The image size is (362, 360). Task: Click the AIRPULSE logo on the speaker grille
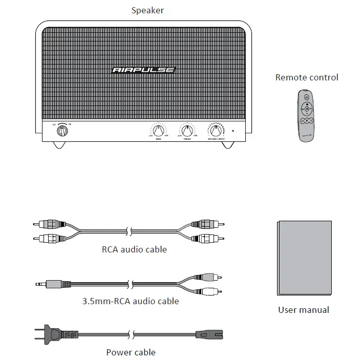point(143,70)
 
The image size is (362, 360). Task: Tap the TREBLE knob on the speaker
point(187,130)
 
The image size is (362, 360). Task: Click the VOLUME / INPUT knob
point(216,130)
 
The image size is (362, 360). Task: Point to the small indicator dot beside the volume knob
point(233,130)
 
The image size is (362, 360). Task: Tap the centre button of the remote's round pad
point(307,109)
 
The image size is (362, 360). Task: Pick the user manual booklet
point(304,257)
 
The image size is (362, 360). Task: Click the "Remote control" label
point(307,78)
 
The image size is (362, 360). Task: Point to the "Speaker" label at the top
point(148,10)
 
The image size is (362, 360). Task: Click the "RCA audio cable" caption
point(134,250)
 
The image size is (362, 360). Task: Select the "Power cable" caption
point(131,352)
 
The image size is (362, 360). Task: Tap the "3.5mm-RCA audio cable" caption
point(131,301)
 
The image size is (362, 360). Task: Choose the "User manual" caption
point(304,310)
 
